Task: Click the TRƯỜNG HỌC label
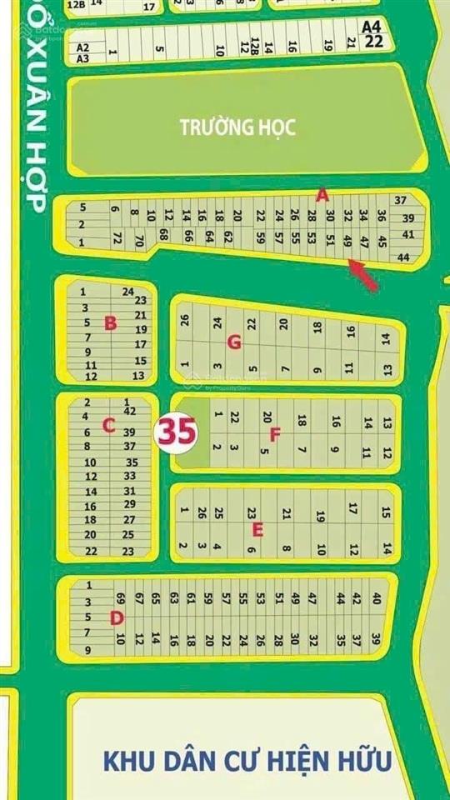[237, 127]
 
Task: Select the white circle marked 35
[177, 432]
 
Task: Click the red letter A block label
[322, 196]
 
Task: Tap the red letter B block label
[110, 323]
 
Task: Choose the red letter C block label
[107, 426]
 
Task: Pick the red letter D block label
[116, 617]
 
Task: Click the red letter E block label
[257, 529]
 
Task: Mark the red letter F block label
[275, 433]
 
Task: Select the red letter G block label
[234, 341]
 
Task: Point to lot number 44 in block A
[403, 259]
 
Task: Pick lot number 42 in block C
[129, 411]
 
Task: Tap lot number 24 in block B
[127, 292]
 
